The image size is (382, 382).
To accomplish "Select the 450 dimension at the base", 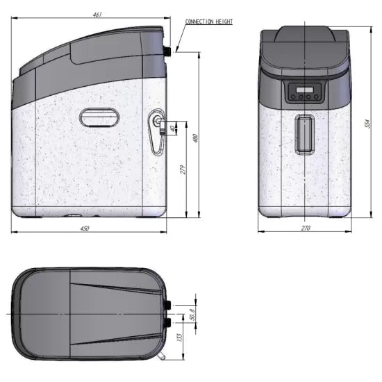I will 85,229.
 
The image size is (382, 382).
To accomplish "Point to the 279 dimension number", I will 183,170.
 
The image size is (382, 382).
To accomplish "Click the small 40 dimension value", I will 173,127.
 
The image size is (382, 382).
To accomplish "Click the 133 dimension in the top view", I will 179,338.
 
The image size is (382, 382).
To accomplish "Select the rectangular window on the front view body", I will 304,135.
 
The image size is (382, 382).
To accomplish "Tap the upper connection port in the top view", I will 167,304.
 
